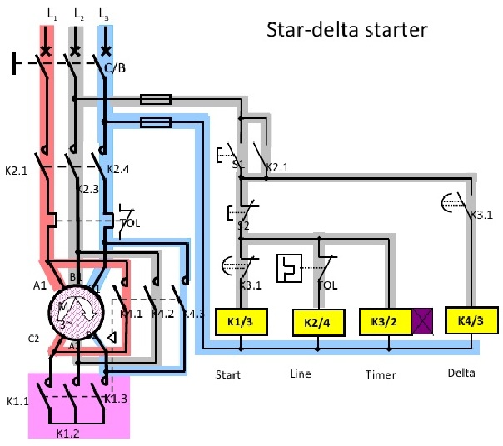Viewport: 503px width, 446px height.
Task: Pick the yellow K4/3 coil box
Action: point(471,320)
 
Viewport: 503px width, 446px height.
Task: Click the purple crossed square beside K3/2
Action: point(424,322)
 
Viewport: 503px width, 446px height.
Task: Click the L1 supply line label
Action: point(52,14)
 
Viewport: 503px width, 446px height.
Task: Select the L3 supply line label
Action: point(103,14)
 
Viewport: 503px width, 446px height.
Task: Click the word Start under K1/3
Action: point(227,374)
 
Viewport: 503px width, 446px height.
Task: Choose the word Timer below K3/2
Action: point(381,374)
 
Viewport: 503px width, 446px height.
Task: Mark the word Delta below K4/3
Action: point(461,372)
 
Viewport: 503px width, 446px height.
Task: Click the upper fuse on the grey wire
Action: point(157,99)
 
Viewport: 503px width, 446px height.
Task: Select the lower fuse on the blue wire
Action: point(157,123)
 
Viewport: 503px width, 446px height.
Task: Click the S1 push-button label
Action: point(237,165)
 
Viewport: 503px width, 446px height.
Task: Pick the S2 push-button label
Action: point(244,225)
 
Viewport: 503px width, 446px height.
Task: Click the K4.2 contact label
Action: point(166,315)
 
